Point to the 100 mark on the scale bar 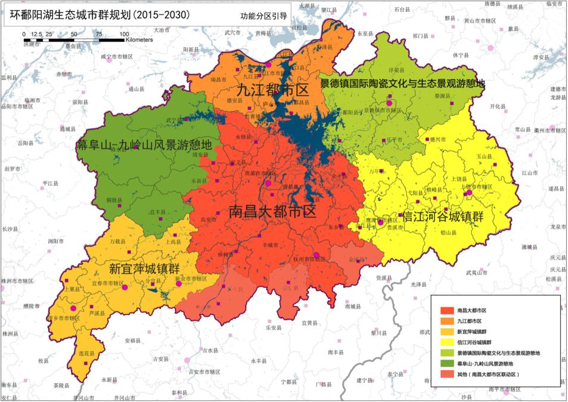124,34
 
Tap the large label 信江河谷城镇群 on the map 443,216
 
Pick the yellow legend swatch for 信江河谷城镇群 447,343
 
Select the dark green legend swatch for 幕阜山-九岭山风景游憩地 447,364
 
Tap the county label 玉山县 483,156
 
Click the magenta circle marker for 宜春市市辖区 125,287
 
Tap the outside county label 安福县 132,341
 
